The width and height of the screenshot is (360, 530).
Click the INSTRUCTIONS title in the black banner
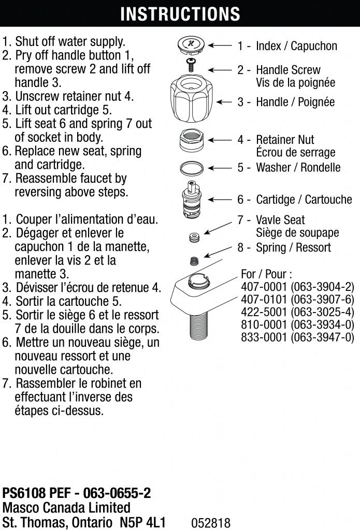click(x=180, y=13)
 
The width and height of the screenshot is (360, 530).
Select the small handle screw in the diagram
click(x=191, y=66)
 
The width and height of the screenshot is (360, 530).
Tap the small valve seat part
click(x=194, y=238)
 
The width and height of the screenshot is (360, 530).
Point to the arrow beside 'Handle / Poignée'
click(x=224, y=102)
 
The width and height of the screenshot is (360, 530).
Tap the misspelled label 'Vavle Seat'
click(x=280, y=220)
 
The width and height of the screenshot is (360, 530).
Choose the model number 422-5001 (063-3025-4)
click(x=297, y=312)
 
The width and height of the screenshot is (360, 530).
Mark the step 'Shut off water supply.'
click(x=70, y=41)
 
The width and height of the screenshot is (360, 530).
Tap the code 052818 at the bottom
click(x=211, y=523)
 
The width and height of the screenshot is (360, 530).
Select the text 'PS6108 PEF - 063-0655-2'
click(x=77, y=493)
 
